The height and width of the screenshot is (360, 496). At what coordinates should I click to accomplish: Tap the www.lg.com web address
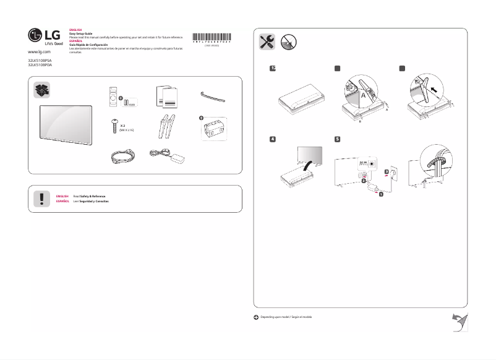(40, 54)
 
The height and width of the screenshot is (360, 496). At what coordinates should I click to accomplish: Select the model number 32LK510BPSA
(41, 61)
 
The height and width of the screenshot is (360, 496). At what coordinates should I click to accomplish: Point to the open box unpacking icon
(41, 90)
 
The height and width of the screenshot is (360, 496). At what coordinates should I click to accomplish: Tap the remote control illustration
(113, 96)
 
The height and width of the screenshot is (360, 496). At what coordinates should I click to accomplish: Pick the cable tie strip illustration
(213, 95)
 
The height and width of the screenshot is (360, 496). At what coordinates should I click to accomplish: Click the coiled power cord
(118, 158)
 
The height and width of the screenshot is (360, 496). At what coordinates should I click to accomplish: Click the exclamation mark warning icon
(41, 198)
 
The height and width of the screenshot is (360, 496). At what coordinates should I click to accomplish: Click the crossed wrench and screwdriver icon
(267, 41)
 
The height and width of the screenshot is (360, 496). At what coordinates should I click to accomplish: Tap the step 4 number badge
(272, 139)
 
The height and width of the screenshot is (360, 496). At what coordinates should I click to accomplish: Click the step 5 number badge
(337, 139)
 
